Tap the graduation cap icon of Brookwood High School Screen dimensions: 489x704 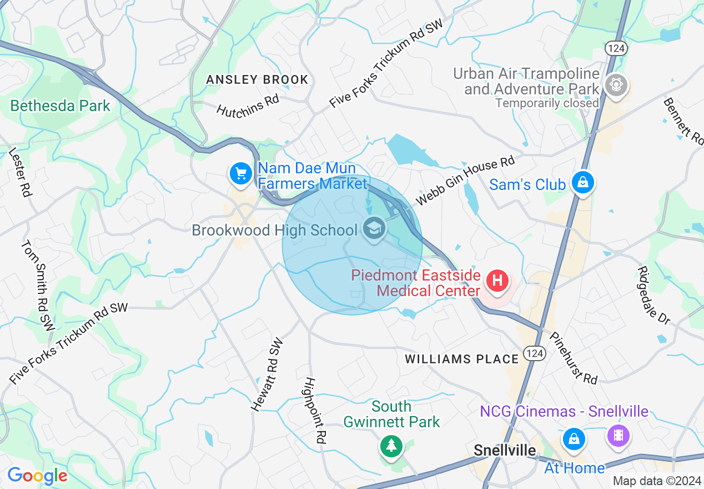[374, 228]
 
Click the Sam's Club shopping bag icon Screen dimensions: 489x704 [583, 182]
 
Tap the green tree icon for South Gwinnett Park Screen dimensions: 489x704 [391, 445]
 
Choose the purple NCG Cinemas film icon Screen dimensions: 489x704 [619, 435]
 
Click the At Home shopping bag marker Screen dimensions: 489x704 [574, 440]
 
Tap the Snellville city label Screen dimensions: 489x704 [505, 450]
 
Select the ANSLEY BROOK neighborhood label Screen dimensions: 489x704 [257, 79]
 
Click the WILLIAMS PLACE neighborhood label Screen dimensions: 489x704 [462, 359]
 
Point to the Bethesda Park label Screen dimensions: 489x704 [60, 106]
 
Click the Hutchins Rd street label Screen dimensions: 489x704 [248, 104]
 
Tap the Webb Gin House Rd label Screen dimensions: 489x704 [466, 181]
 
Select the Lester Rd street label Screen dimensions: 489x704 [20, 172]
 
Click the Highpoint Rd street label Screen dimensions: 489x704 [314, 410]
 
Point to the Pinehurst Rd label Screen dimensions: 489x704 [574, 358]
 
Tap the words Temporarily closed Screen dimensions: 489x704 [547, 103]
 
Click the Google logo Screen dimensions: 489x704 [37, 476]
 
